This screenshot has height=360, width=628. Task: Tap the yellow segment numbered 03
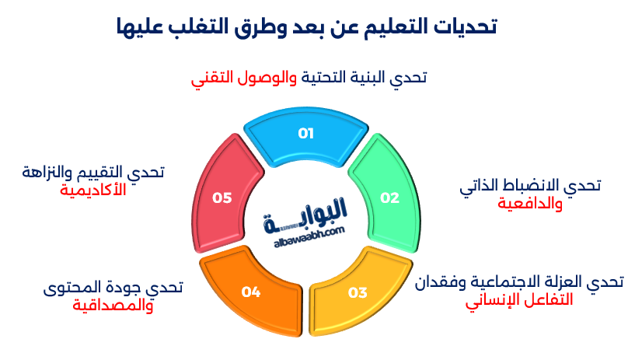click(358, 292)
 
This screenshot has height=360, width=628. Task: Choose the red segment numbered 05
click(223, 197)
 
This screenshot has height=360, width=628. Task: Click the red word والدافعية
click(531, 203)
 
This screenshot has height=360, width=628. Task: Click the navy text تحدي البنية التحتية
click(362, 79)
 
